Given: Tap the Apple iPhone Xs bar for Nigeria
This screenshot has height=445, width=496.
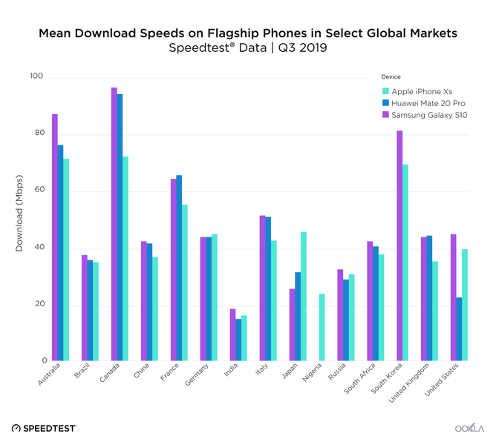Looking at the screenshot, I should click(x=322, y=327).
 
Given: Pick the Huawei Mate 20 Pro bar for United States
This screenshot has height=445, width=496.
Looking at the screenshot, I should click(x=460, y=329).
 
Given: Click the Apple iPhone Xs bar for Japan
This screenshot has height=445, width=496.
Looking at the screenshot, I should click(x=304, y=296).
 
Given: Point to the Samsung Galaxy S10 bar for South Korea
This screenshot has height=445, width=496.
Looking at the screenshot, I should click(x=399, y=245).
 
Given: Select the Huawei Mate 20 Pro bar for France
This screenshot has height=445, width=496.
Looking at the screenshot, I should click(x=179, y=268).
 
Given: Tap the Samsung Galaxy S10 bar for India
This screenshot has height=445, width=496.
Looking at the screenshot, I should click(x=232, y=334).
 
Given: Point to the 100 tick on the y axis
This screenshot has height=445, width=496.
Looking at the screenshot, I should click(x=36, y=76).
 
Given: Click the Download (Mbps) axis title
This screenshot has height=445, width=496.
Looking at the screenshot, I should click(x=20, y=213).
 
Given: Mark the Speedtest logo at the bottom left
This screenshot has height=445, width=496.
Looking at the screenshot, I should click(x=45, y=428).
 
